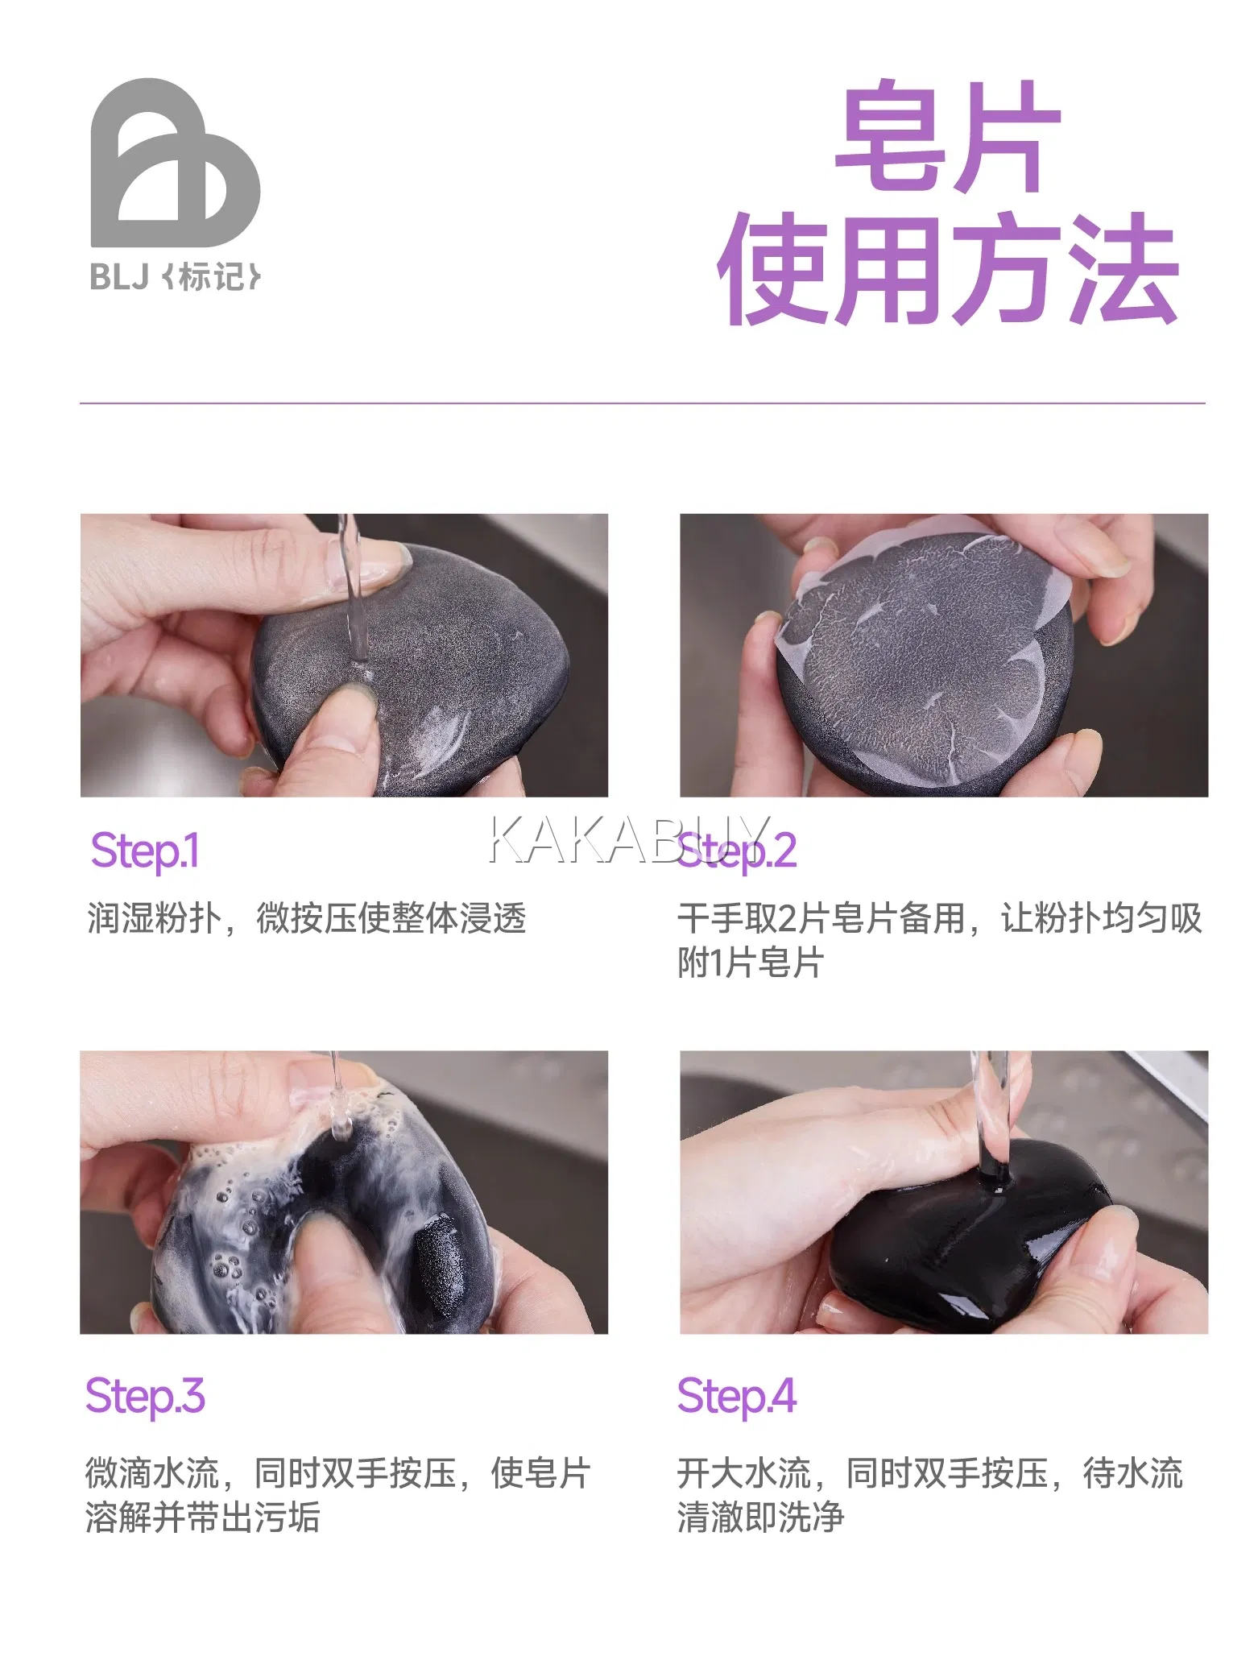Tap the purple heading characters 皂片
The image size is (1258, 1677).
point(948,136)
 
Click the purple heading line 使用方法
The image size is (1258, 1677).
point(948,269)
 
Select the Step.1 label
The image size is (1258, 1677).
point(145,852)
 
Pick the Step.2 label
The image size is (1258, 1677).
point(737,852)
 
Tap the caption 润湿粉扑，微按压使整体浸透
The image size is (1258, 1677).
point(306,918)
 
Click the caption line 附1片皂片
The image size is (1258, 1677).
point(751,963)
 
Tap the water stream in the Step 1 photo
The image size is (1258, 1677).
point(353,596)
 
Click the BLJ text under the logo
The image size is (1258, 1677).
point(119,277)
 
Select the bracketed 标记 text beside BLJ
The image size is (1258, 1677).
point(211,277)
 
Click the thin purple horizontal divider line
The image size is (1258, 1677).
point(643,403)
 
